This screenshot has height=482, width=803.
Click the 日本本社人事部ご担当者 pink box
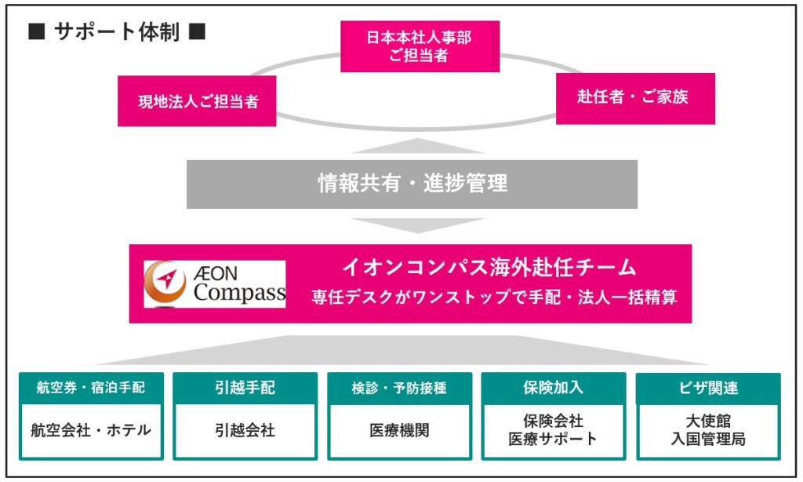click(420, 46)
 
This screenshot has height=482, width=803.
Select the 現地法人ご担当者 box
click(197, 101)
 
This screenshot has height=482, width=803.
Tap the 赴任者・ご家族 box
click(635, 98)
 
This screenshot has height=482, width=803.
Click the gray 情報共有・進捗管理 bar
click(412, 184)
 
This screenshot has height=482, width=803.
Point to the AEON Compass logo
click(215, 284)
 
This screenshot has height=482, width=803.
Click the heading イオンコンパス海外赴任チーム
click(489, 267)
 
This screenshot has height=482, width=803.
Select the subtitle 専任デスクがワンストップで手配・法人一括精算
click(494, 297)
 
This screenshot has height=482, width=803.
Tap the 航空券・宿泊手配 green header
click(91, 388)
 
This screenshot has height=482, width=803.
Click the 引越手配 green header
click(245, 388)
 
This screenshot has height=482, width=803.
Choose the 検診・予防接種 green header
click(399, 388)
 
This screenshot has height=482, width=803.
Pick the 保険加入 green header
click(554, 388)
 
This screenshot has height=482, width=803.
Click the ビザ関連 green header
click(708, 388)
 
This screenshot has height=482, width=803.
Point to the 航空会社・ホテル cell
click(91, 431)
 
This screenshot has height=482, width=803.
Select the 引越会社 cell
click(245, 431)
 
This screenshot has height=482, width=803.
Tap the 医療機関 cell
click(399, 431)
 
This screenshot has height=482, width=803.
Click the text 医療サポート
click(553, 440)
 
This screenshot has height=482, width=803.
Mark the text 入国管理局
click(708, 440)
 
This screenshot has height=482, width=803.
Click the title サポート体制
click(117, 31)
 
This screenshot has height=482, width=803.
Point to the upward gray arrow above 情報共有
click(418, 146)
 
